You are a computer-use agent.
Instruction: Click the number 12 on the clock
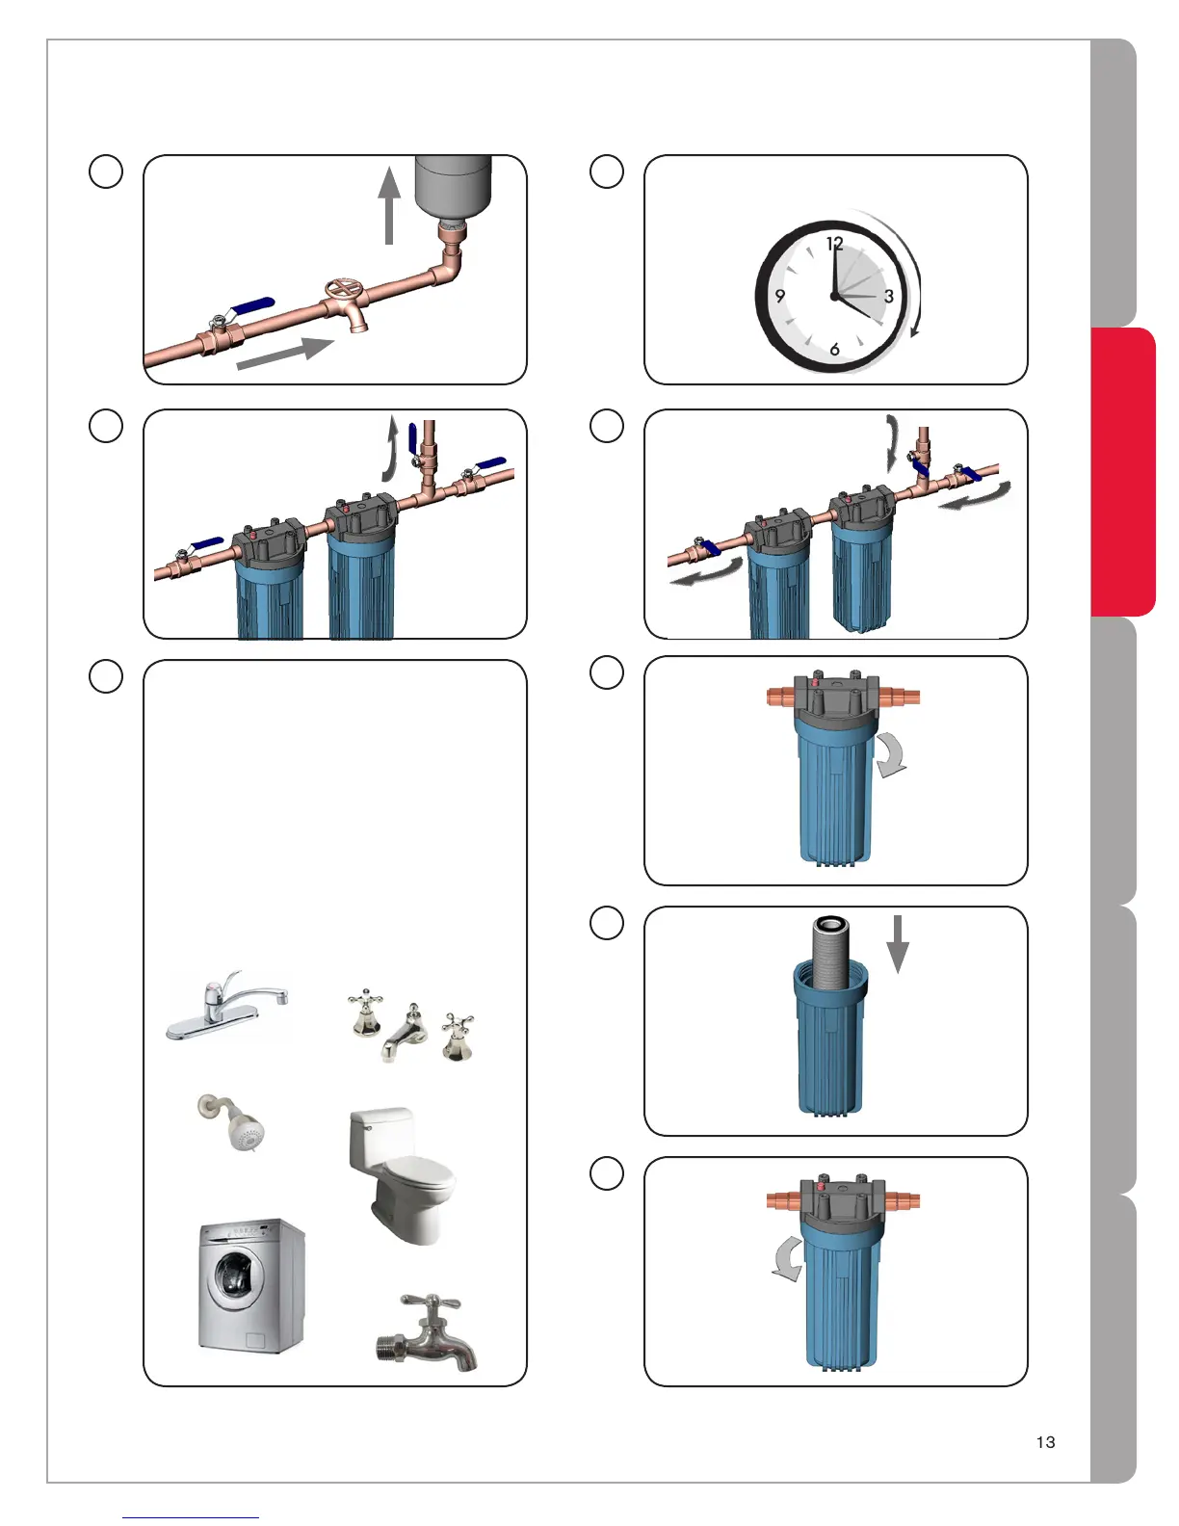point(834,243)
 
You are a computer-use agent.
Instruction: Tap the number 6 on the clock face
point(834,349)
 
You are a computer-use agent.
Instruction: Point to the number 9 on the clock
point(779,296)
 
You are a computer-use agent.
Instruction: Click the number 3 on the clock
point(888,297)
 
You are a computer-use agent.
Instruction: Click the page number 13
point(1045,1442)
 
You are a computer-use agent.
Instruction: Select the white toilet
point(402,1175)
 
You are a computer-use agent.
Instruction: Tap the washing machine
point(252,1286)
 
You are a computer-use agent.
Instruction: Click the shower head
point(232,1122)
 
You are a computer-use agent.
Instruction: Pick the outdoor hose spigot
point(428,1332)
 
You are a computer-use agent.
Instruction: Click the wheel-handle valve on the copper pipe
point(346,302)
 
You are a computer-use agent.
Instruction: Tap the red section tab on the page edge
point(1122,472)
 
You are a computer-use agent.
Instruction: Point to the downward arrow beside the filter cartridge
point(898,944)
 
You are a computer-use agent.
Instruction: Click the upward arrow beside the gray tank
point(389,205)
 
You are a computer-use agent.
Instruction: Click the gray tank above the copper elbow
point(453,186)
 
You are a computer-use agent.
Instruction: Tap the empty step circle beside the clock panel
point(607,171)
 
